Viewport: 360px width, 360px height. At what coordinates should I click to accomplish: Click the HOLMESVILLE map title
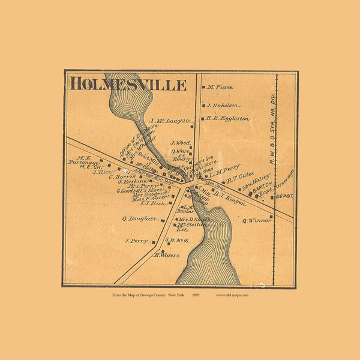click(x=128, y=83)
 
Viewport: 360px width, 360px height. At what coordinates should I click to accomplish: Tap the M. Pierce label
click(x=220, y=88)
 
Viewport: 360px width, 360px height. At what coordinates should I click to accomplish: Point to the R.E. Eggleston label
click(x=228, y=119)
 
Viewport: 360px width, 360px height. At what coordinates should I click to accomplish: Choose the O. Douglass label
click(x=140, y=219)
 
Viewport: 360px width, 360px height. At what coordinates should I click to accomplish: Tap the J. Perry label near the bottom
click(x=136, y=241)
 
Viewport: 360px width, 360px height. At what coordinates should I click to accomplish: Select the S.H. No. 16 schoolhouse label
click(x=176, y=241)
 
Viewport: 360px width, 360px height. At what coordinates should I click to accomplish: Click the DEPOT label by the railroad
click(x=284, y=196)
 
